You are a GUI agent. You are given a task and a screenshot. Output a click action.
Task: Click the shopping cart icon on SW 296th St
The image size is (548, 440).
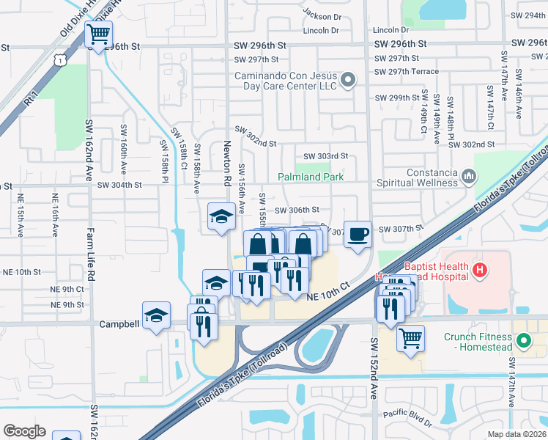pos(98,34)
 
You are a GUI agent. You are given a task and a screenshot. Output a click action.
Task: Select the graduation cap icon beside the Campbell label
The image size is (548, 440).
pos(156,315)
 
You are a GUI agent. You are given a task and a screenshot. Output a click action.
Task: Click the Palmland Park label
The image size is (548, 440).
pos(311,177)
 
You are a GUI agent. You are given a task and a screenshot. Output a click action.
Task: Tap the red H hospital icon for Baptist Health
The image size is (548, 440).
pos(479,271)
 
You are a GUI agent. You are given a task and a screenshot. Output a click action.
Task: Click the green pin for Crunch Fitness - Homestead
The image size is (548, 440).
pos(523,341)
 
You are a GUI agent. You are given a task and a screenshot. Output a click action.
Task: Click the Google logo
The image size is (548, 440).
pos(24,431)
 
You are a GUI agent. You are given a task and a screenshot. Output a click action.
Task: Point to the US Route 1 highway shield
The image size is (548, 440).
pos(59,58)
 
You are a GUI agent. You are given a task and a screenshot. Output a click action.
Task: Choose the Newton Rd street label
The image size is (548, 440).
pos(227,164)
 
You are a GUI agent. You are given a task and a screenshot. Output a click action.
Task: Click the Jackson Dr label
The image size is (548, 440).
pos(322,15)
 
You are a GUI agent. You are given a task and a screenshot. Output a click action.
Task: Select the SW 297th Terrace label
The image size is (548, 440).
pos(406,71)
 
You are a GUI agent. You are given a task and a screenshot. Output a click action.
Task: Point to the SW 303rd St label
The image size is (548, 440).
pos(325,156)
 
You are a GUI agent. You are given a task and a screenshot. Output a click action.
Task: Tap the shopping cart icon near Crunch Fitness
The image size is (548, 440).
pos(411,338)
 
